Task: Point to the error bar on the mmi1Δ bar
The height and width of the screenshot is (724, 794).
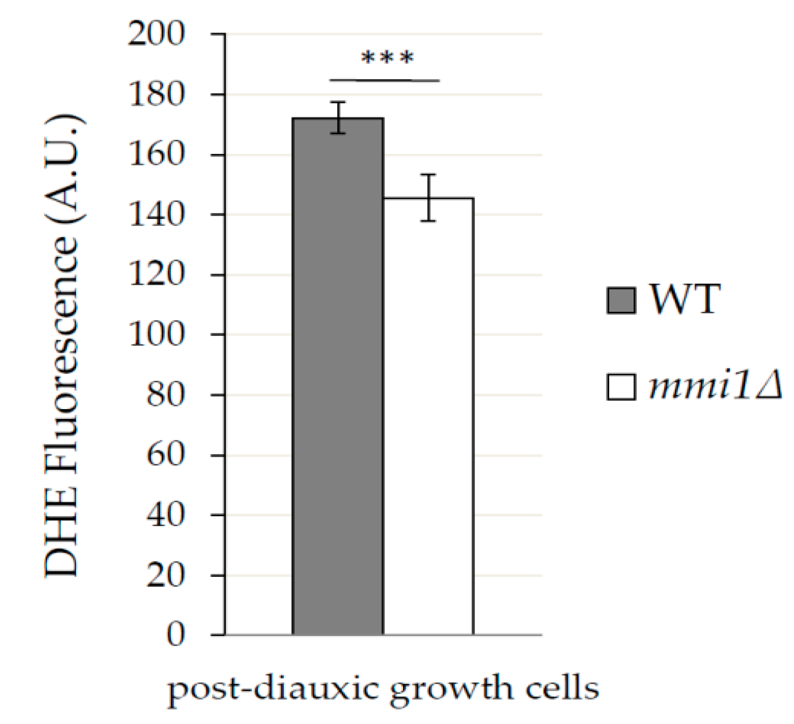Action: (428, 197)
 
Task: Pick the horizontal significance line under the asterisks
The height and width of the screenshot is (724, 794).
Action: (385, 81)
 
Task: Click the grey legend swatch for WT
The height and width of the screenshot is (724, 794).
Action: (621, 300)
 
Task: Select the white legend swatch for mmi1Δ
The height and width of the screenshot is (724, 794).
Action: (621, 387)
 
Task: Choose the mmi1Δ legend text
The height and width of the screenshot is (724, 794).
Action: (715, 386)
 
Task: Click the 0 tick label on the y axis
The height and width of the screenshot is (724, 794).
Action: (176, 635)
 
